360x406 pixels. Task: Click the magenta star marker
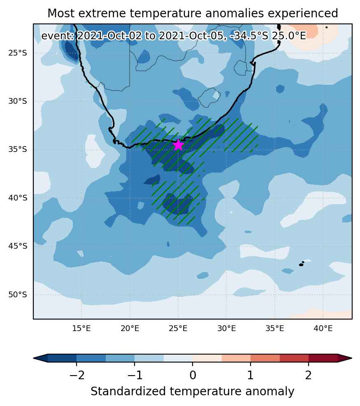coord(178,145)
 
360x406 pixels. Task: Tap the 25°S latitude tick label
coord(18,54)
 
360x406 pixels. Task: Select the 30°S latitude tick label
coord(18,101)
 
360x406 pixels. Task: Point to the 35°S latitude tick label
coord(18,149)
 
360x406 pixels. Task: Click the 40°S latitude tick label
coord(18,198)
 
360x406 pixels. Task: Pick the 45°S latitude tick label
coord(18,246)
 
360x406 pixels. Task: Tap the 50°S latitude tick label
coord(18,295)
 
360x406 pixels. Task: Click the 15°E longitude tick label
coord(81,329)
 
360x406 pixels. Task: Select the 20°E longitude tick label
coord(130,329)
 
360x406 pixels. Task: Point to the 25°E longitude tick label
coord(178,329)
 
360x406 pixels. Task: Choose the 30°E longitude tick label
coord(226,329)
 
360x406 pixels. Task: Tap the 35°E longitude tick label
coord(274,329)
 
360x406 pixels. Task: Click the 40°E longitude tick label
coord(323,329)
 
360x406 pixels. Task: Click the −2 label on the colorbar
coord(77,375)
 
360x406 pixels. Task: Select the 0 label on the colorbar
coord(193,375)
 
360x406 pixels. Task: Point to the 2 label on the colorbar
coord(308,375)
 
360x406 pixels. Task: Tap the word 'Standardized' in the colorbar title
coord(128,392)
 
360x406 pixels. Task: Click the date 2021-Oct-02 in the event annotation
coord(110,36)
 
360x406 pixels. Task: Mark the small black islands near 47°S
coord(302,264)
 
